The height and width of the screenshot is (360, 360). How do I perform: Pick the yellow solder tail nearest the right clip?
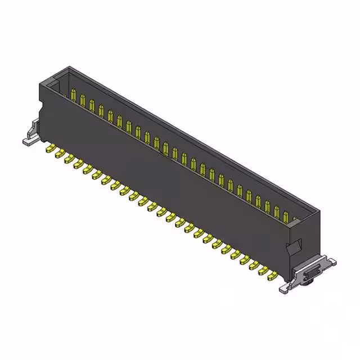273,276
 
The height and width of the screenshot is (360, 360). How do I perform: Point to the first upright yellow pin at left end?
74,94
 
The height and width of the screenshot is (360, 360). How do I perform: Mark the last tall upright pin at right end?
286,216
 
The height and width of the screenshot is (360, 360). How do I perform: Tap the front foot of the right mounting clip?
285,289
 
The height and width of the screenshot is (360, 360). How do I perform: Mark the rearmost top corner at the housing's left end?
69,67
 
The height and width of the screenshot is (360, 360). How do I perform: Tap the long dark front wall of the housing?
169,180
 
